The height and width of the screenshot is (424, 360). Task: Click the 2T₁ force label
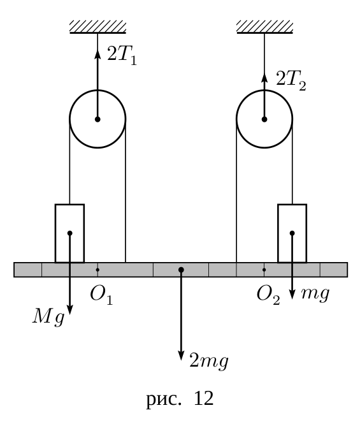(x=122, y=55)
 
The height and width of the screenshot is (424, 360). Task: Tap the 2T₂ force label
(x=291, y=80)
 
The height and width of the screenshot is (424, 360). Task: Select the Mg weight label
(x=48, y=317)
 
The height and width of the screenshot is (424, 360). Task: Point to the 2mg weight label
(x=209, y=361)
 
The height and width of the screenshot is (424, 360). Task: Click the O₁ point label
(x=101, y=295)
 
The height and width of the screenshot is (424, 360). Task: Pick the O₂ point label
(x=268, y=295)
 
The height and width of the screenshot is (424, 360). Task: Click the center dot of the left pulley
(x=97, y=119)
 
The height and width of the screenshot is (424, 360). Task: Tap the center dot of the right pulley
(x=264, y=119)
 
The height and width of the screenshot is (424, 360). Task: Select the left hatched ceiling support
(x=98, y=27)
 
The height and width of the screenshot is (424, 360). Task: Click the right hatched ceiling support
(x=264, y=27)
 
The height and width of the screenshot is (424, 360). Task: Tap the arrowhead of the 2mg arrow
(x=181, y=355)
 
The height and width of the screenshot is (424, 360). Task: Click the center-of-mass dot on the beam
(x=181, y=270)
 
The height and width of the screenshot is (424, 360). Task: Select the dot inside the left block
(x=69, y=233)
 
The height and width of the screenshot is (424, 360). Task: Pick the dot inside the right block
(x=292, y=233)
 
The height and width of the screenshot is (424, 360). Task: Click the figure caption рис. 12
(x=180, y=398)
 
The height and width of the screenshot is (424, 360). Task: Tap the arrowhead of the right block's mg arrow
(x=292, y=294)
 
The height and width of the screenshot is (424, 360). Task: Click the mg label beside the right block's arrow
(x=315, y=293)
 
